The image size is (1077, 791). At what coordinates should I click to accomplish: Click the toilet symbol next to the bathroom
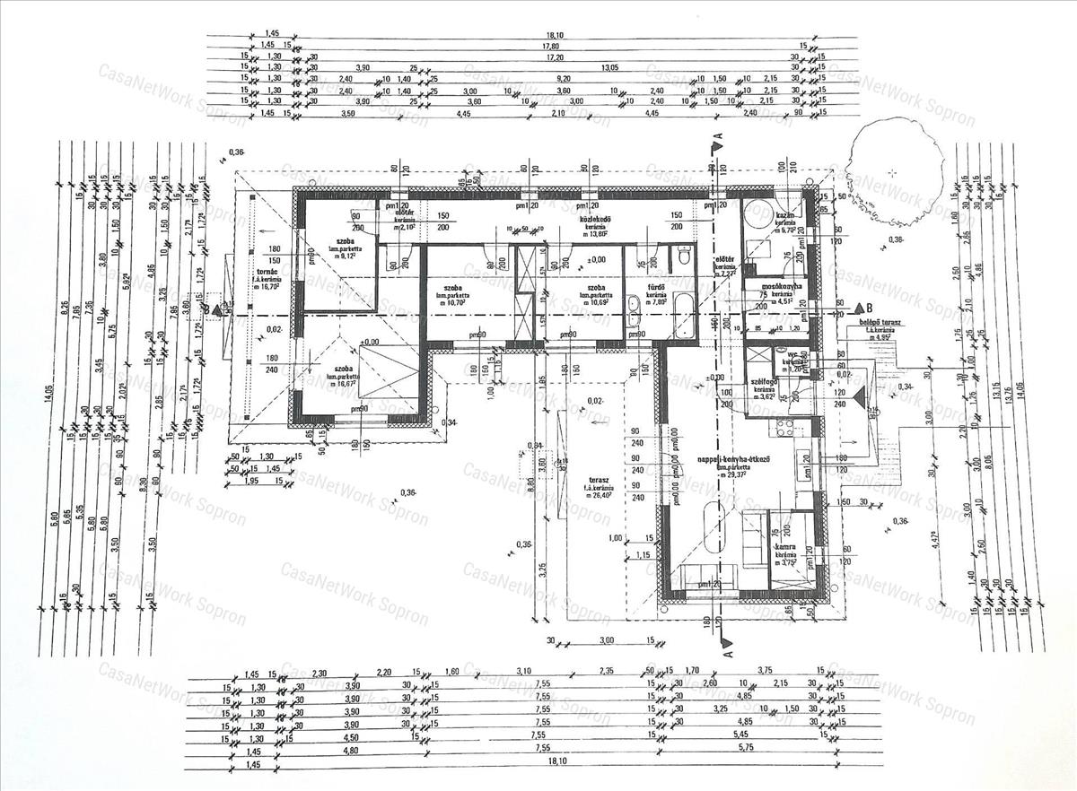point(685,257)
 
